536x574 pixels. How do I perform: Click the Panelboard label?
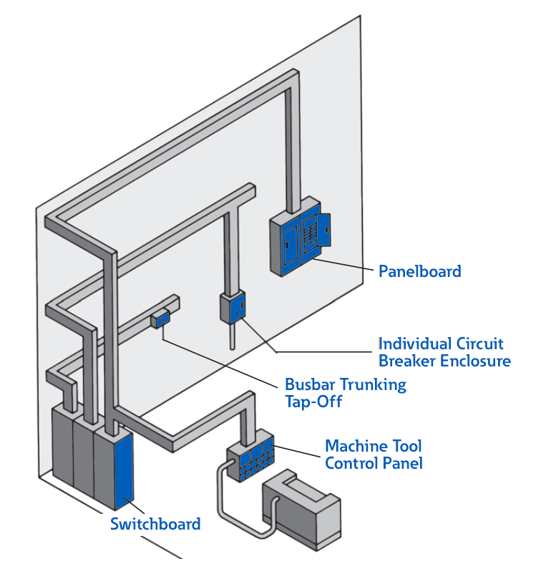tap(419, 271)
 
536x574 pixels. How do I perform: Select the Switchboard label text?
tap(155, 524)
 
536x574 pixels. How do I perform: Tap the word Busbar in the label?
tap(307, 384)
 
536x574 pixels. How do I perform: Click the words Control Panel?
tap(374, 463)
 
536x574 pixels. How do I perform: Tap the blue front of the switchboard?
tap(124, 469)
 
